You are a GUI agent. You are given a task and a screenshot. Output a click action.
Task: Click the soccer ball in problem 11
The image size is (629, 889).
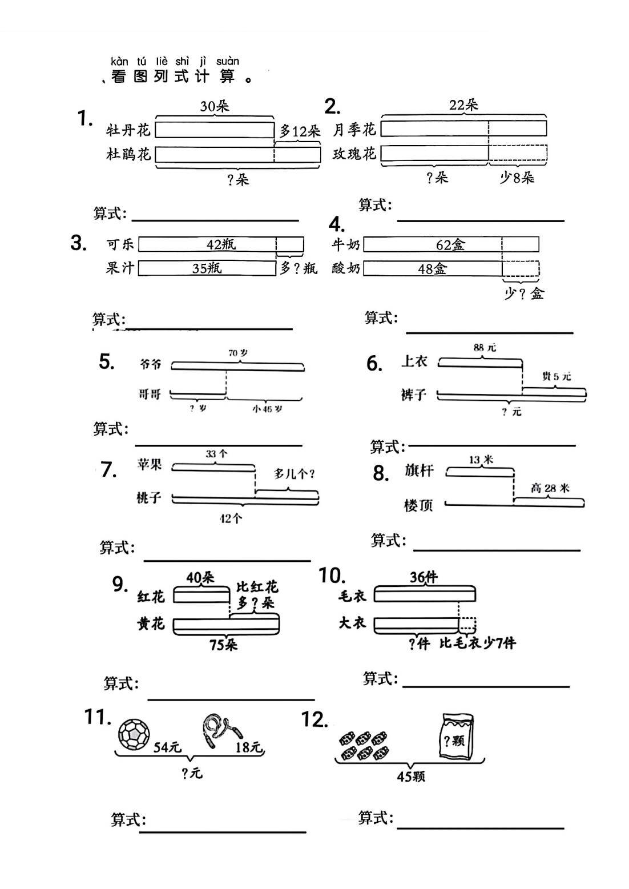pyautogui.click(x=134, y=734)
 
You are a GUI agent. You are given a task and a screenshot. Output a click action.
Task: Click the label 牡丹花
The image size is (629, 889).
pyautogui.click(x=128, y=131)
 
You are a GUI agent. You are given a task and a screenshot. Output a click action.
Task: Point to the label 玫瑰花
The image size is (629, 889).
pyautogui.click(x=354, y=154)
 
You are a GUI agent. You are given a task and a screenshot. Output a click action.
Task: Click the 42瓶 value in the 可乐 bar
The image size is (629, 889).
pyautogui.click(x=221, y=244)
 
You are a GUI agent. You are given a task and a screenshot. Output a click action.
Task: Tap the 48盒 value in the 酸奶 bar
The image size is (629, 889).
pyautogui.click(x=432, y=268)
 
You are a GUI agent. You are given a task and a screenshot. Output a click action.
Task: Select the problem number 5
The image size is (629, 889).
pyautogui.click(x=107, y=361)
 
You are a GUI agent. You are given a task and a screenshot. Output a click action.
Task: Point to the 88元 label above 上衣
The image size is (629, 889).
pyautogui.click(x=485, y=347)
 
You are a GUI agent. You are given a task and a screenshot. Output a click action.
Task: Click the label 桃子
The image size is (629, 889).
pyautogui.click(x=150, y=498)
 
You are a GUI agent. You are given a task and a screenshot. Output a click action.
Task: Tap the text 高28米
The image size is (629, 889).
pyautogui.click(x=550, y=488)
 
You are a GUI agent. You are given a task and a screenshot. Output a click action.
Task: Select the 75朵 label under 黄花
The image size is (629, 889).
pyautogui.click(x=224, y=645)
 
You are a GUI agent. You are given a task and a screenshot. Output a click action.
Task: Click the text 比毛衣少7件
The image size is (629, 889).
pyautogui.click(x=478, y=643)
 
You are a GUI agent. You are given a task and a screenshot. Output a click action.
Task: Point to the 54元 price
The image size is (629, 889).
pyautogui.click(x=167, y=747)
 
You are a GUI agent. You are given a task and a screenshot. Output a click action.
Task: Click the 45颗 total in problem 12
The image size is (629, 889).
pyautogui.click(x=411, y=777)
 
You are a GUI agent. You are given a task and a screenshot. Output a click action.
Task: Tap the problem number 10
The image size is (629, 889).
pyautogui.click(x=332, y=576)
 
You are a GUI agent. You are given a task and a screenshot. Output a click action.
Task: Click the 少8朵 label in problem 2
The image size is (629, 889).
pyautogui.click(x=517, y=178)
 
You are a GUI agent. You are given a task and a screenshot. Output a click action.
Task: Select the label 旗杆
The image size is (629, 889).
pyautogui.click(x=420, y=471)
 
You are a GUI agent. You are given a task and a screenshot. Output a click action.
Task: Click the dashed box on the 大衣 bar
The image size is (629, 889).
pyautogui.click(x=467, y=625)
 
